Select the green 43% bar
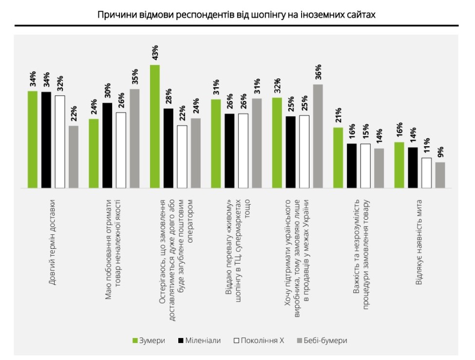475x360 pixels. click(x=155, y=126)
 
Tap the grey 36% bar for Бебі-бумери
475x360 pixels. click(x=318, y=136)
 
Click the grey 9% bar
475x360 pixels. click(x=440, y=175)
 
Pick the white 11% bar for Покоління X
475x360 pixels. click(x=426, y=172)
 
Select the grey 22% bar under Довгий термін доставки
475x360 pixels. click(x=74, y=156)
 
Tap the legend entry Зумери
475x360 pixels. click(x=149, y=341)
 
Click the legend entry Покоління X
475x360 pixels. click(x=258, y=341)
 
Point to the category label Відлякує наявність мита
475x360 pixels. click(x=418, y=242)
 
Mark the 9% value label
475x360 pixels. click(x=440, y=152)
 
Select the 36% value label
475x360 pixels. click(x=318, y=73)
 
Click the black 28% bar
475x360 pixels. click(x=168, y=148)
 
